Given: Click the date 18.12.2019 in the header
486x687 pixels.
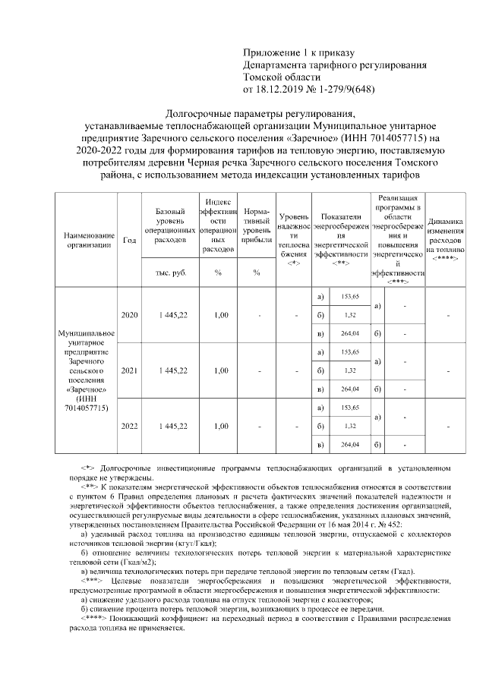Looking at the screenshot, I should [x=280, y=89].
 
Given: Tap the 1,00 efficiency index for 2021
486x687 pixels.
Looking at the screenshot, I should [x=219, y=370].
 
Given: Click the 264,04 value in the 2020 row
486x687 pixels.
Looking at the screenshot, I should [x=350, y=333].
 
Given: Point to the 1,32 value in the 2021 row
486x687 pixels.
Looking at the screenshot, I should [x=350, y=370].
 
